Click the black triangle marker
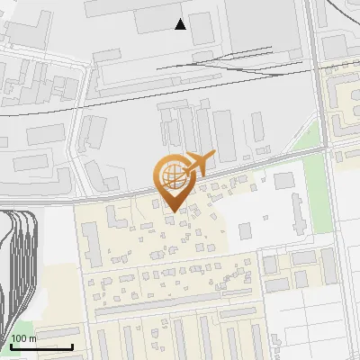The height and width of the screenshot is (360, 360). coord(181,24)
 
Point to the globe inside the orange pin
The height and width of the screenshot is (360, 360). coord(170,173)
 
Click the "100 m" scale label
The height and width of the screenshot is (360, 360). coord(24,338)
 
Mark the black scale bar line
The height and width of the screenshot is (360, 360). coord(41,346)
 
